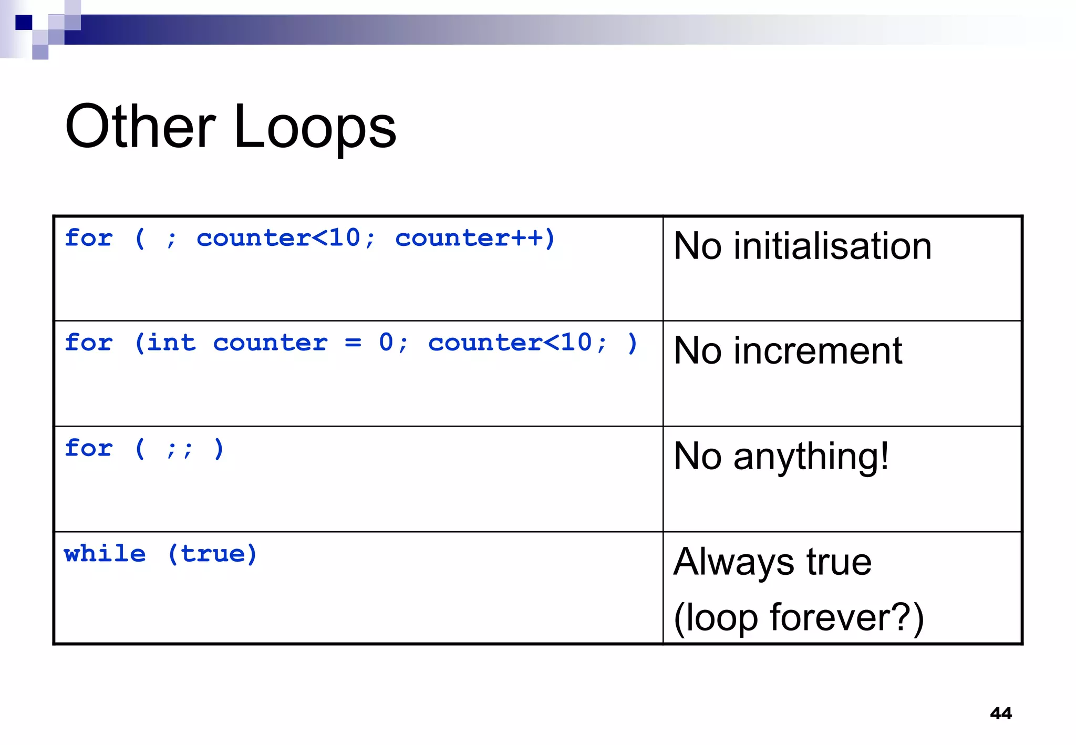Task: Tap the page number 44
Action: pyautogui.click(x=1000, y=713)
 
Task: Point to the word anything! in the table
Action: pyautogui.click(x=811, y=457)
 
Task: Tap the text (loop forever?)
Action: pyautogui.click(x=798, y=617)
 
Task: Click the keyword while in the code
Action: pyautogui.click(x=105, y=554)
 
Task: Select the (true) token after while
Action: pyautogui.click(x=212, y=554)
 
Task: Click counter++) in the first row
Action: pyautogui.click(x=475, y=238)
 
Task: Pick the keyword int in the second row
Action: pyautogui.click(x=171, y=343)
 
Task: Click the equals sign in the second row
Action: pyautogui.click(x=353, y=343)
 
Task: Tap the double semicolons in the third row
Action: pyautogui.click(x=179, y=449)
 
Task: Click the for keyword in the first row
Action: pyautogui.click(x=88, y=238)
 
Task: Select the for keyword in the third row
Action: pyautogui.click(x=88, y=448)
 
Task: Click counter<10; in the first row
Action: pyautogui.click(x=286, y=238)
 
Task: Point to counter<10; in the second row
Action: pyautogui.click(x=518, y=343)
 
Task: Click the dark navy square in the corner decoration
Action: pyautogui.click(x=24, y=23)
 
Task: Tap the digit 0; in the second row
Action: pyautogui.click(x=393, y=343)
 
